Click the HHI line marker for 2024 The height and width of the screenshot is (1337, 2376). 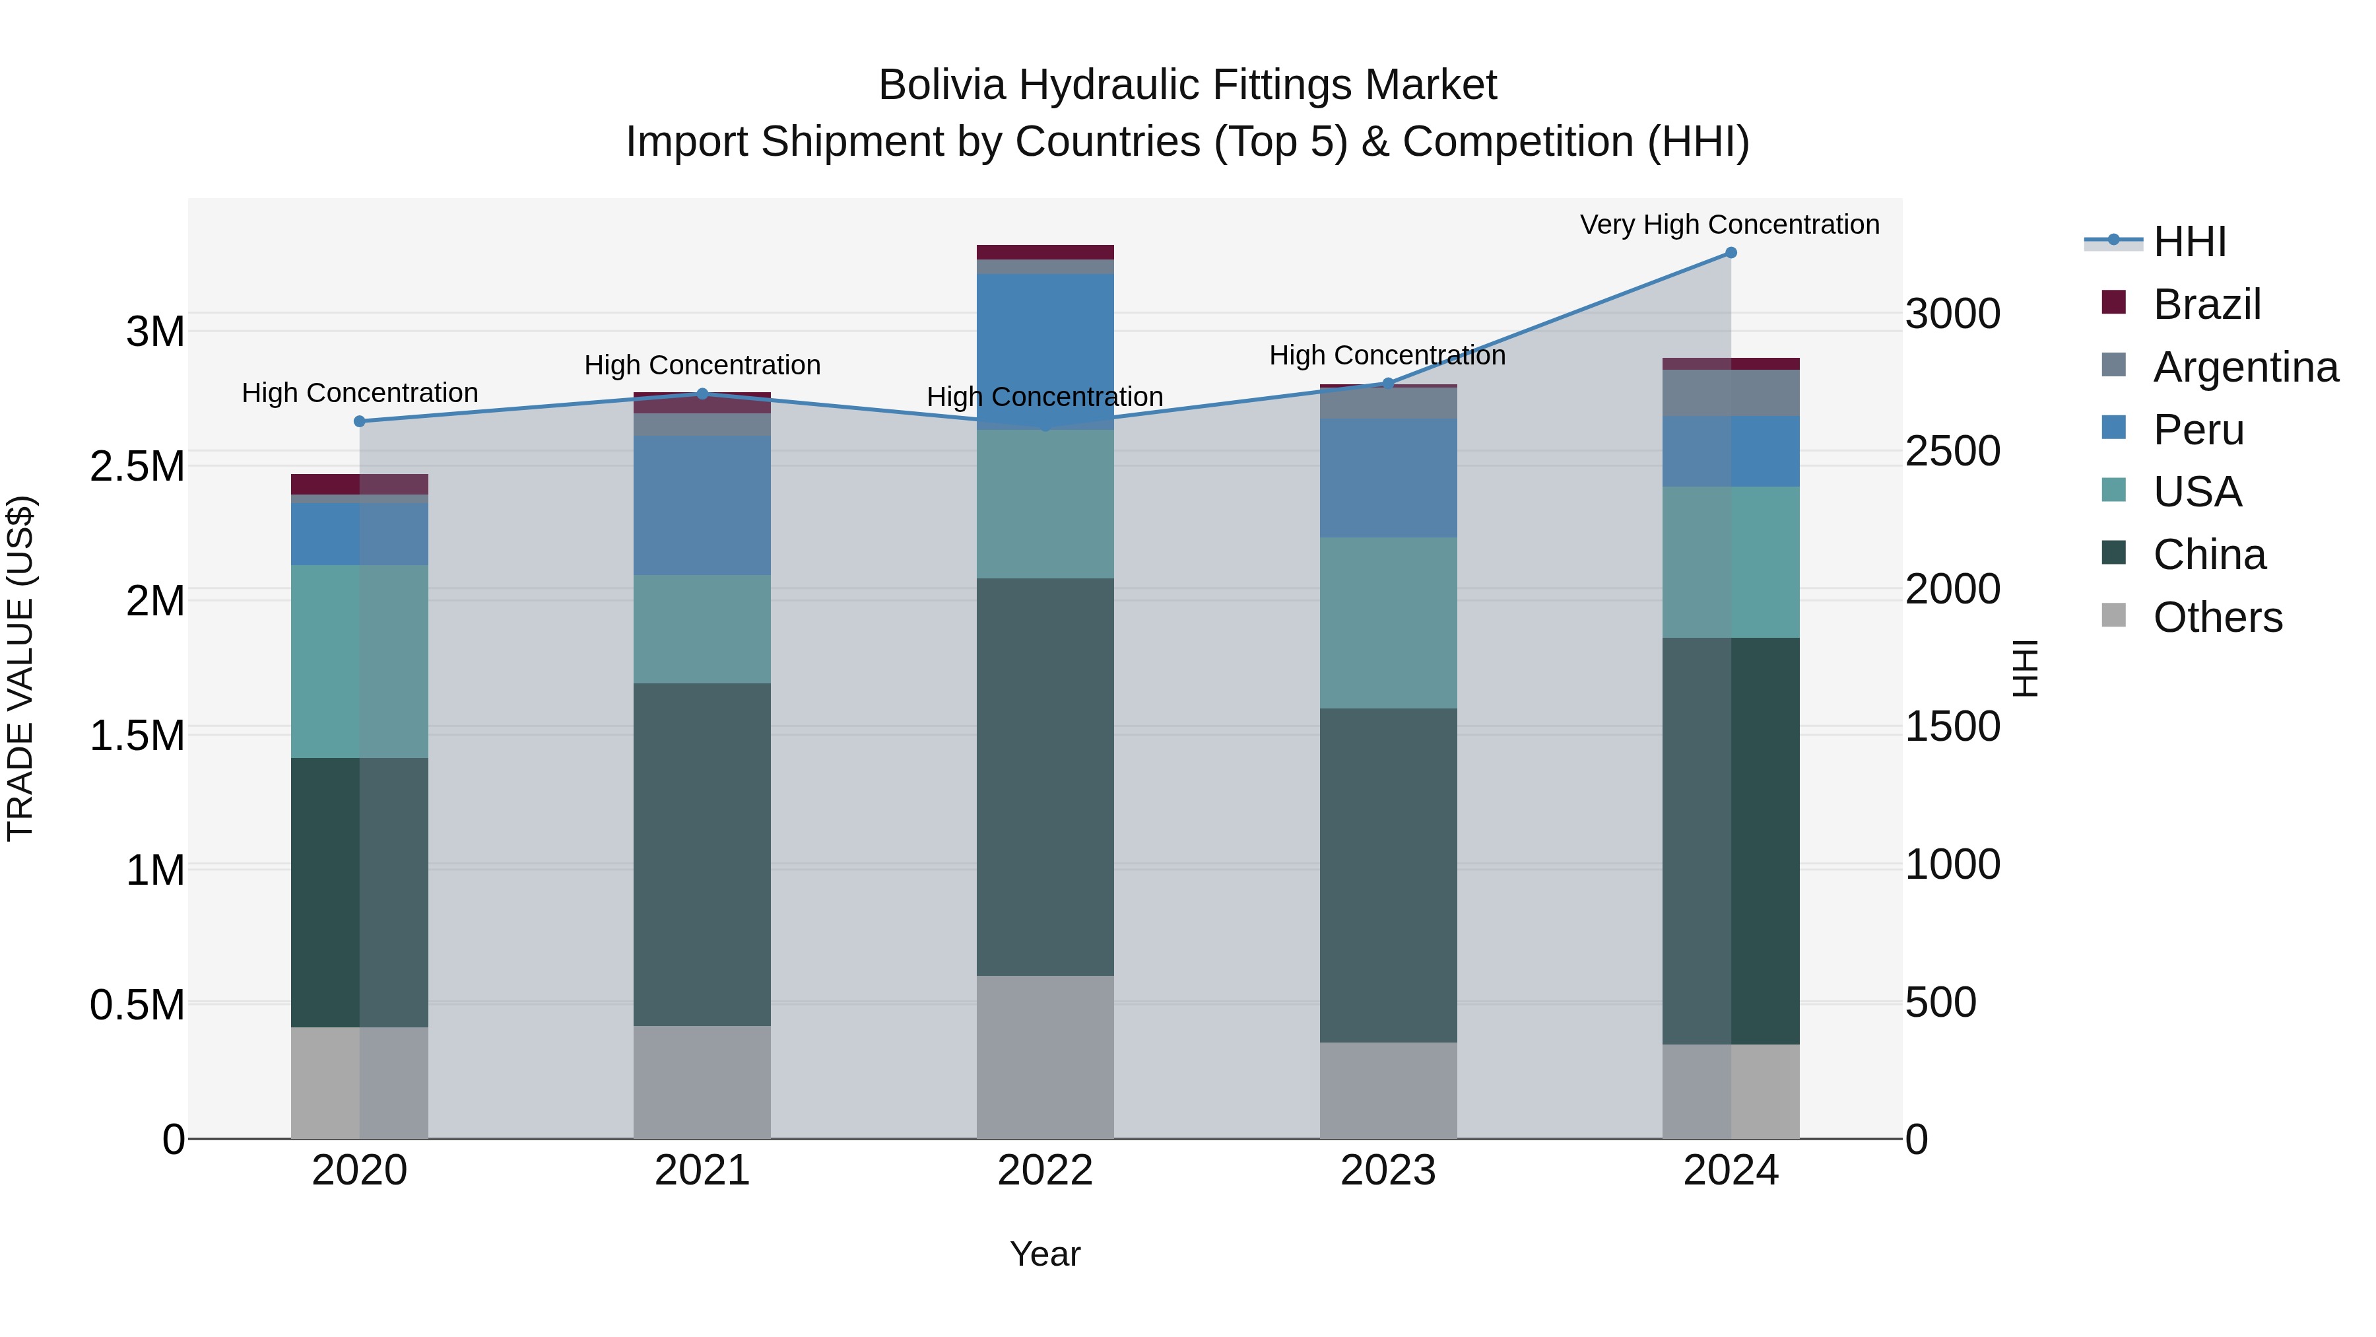(1731, 253)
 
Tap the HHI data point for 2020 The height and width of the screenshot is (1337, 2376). (360, 422)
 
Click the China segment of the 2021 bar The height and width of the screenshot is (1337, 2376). (702, 854)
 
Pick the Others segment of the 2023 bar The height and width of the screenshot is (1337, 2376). (1388, 1091)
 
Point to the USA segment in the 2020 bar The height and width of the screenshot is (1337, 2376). (360, 662)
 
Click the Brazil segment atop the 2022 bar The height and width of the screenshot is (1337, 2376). (1045, 252)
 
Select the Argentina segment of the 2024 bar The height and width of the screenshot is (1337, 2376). (1731, 393)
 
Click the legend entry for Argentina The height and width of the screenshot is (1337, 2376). (2245, 367)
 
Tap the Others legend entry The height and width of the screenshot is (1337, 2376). (2218, 617)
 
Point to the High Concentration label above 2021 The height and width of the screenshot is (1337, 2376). (702, 365)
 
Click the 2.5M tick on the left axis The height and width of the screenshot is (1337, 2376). (137, 467)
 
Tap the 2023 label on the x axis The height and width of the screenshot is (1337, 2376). (1388, 1171)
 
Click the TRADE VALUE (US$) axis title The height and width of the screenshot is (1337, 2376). (21, 668)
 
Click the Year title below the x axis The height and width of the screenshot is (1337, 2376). (1045, 1254)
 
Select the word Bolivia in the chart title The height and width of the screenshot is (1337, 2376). (942, 85)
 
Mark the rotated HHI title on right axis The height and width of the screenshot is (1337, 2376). (2026, 668)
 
